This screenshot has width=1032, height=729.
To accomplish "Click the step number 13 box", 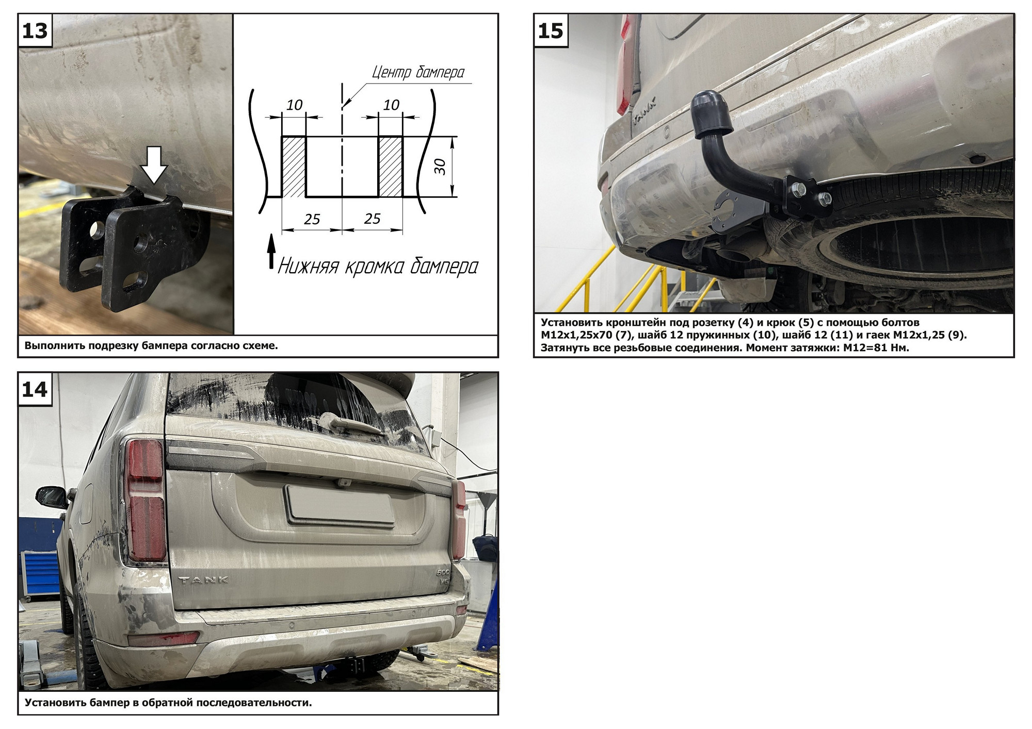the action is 35,31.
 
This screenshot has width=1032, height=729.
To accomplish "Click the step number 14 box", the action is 35,390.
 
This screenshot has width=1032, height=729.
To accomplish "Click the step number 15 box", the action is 551,31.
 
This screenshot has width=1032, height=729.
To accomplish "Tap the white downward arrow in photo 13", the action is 154,164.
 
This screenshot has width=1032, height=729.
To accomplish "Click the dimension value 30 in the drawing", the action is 440,167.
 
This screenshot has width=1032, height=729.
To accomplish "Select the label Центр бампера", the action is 418,73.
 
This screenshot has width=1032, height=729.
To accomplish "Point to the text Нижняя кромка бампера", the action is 378,267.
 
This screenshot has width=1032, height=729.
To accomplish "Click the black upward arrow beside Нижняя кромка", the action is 271,251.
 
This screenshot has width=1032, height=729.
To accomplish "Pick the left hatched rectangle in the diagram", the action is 294,167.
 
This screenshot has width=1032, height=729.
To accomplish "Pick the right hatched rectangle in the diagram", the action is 390,167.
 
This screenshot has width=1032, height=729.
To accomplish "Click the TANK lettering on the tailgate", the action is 203,579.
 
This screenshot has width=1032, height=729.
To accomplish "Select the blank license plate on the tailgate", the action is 340,506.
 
